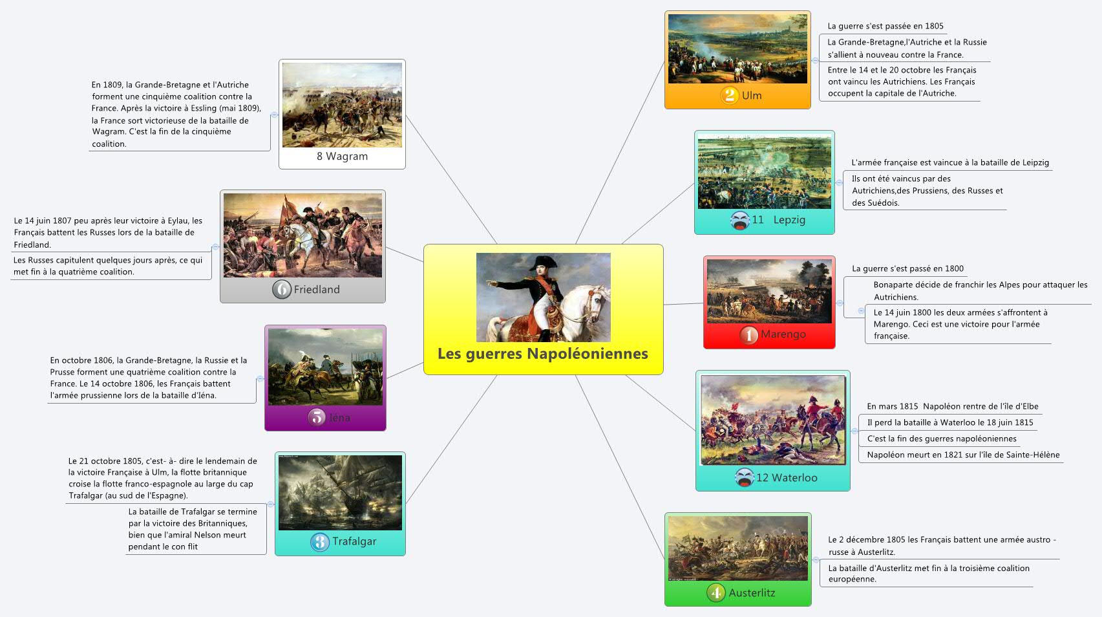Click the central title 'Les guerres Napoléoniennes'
pos(542,354)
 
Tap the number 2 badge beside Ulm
pos(730,96)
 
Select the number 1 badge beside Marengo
pos(748,334)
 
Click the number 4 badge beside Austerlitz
pos(715,592)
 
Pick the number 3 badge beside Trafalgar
pos(319,541)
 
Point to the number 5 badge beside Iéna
pos(317,417)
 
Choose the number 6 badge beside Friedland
pos(281,289)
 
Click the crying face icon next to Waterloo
pos(744,477)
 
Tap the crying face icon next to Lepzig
pos(739,220)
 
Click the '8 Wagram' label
pos(342,157)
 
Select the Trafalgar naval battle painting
pos(340,492)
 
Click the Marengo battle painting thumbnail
pos(769,291)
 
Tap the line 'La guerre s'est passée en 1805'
pos(885,27)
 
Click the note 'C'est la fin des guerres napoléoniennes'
pos(941,438)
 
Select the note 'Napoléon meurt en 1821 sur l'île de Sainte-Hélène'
pos(963,455)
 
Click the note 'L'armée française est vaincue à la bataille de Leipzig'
pos(949,163)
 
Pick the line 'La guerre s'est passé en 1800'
pos(907,268)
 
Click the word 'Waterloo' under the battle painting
pos(794,478)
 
